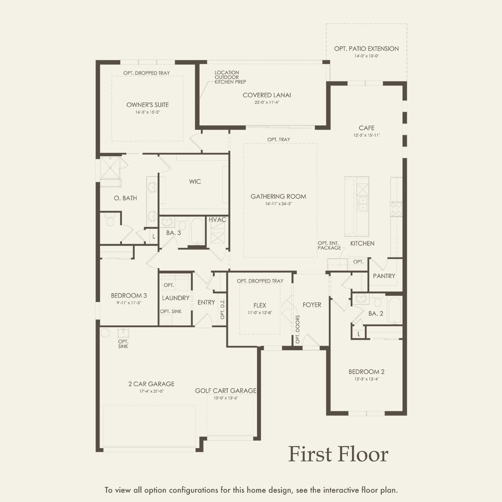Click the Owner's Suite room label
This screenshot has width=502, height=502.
pos(147,105)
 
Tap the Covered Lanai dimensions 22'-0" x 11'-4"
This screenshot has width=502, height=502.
pos(267,102)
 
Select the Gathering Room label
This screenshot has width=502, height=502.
pos(278,196)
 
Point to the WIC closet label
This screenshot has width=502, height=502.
pos(195,182)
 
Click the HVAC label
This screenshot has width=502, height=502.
pos(217,219)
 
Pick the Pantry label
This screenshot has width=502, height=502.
pos(384,276)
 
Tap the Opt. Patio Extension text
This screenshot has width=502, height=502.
pos(366,49)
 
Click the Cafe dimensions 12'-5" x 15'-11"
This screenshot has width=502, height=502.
pos(366,135)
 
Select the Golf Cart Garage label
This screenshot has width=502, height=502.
pos(225,391)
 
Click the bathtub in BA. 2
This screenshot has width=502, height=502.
pos(394,310)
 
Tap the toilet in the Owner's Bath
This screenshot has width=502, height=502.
pos(111,220)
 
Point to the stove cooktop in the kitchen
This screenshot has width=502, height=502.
pos(396,209)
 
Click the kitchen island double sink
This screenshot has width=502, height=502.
pos(363,204)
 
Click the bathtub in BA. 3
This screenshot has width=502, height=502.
pos(197,231)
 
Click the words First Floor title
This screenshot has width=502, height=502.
pos(338,454)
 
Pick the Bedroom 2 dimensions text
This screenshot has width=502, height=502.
pos(366,379)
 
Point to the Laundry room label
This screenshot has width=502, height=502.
pos(176,298)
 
